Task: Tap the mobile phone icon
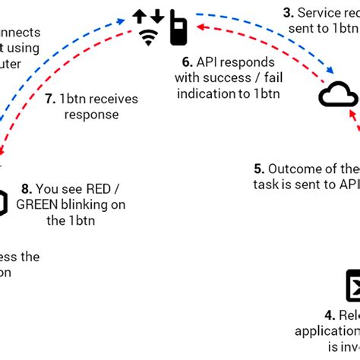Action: pyautogui.click(x=179, y=27)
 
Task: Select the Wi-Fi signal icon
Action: pyautogui.click(x=149, y=36)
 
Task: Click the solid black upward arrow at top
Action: pyautogui.click(x=141, y=16)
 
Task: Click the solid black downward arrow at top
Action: pyautogui.click(x=157, y=16)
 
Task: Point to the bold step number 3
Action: pyautogui.click(x=288, y=12)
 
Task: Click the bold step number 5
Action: pyautogui.click(x=258, y=169)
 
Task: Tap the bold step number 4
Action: pyautogui.click(x=329, y=314)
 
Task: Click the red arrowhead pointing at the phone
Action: pyautogui.click(x=200, y=28)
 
